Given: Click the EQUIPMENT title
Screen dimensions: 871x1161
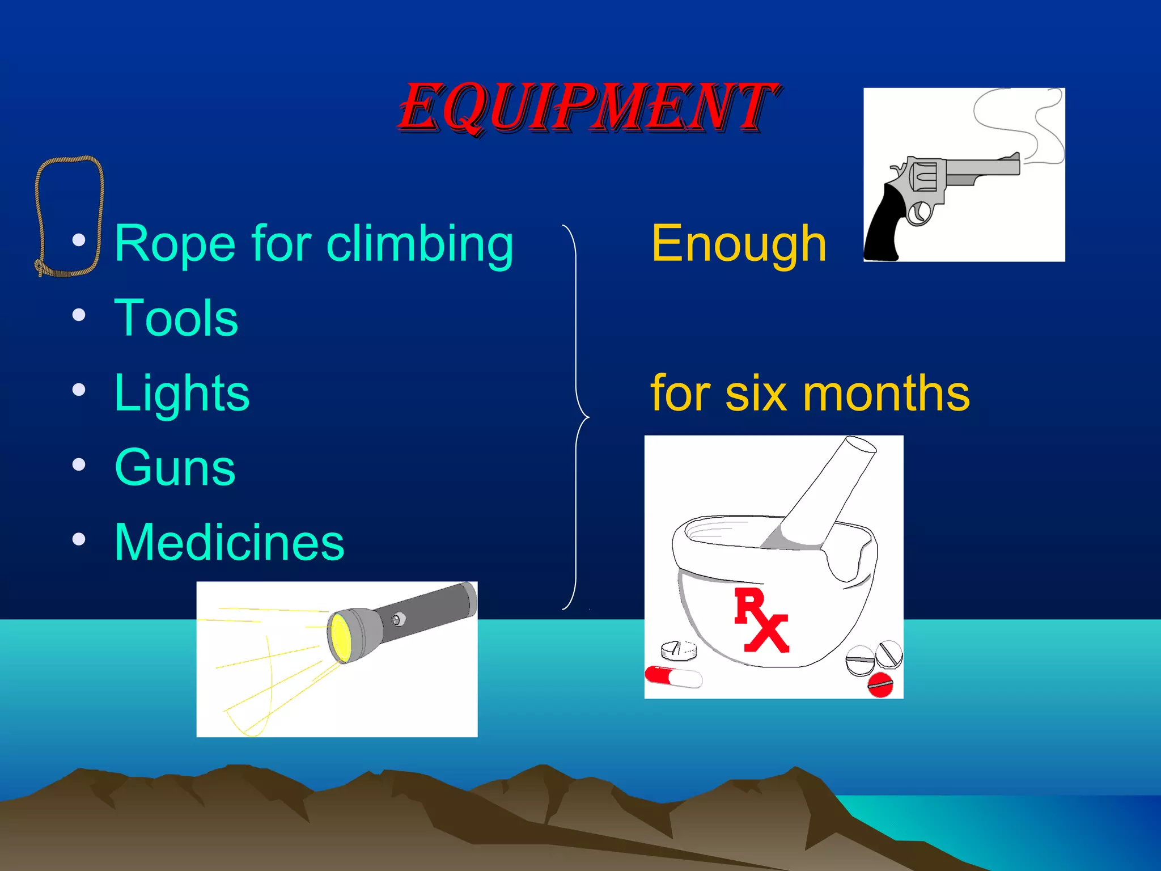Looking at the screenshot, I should tap(588, 108).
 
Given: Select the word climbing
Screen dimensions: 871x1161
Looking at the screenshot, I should tap(420, 245).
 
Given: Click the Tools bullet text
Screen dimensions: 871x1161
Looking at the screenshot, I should tap(176, 318).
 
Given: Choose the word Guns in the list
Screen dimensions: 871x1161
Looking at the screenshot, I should tap(175, 468).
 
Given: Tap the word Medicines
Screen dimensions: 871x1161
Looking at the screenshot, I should tap(229, 543).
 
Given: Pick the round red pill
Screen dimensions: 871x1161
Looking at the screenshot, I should tap(880, 684).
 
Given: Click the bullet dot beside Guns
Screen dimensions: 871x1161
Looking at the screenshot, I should tap(79, 465).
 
